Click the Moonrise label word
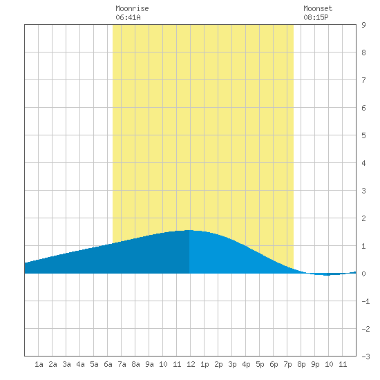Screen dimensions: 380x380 click(132, 8)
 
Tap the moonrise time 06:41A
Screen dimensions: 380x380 click(128, 17)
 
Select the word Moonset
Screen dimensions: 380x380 click(318, 8)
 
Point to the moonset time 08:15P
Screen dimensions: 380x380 click(316, 17)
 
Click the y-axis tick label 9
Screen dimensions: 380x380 click(363, 25)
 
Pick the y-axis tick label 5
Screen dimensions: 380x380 click(363, 135)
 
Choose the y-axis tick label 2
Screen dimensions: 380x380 click(363, 218)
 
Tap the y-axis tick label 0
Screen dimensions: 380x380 click(363, 274)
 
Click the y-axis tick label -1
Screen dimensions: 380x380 click(365, 301)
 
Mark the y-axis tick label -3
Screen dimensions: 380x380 click(365, 357)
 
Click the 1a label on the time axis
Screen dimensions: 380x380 click(39, 364)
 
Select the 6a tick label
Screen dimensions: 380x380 click(108, 364)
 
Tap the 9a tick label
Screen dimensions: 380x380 click(149, 364)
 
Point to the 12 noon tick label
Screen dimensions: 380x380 click(191, 364)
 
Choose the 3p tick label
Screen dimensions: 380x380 click(232, 364)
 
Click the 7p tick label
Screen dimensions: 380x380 click(287, 364)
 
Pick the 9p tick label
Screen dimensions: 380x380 click(315, 364)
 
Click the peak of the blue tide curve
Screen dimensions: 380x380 click(189, 230)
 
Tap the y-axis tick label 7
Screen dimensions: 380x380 click(363, 80)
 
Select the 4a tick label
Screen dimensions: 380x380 click(80, 364)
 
